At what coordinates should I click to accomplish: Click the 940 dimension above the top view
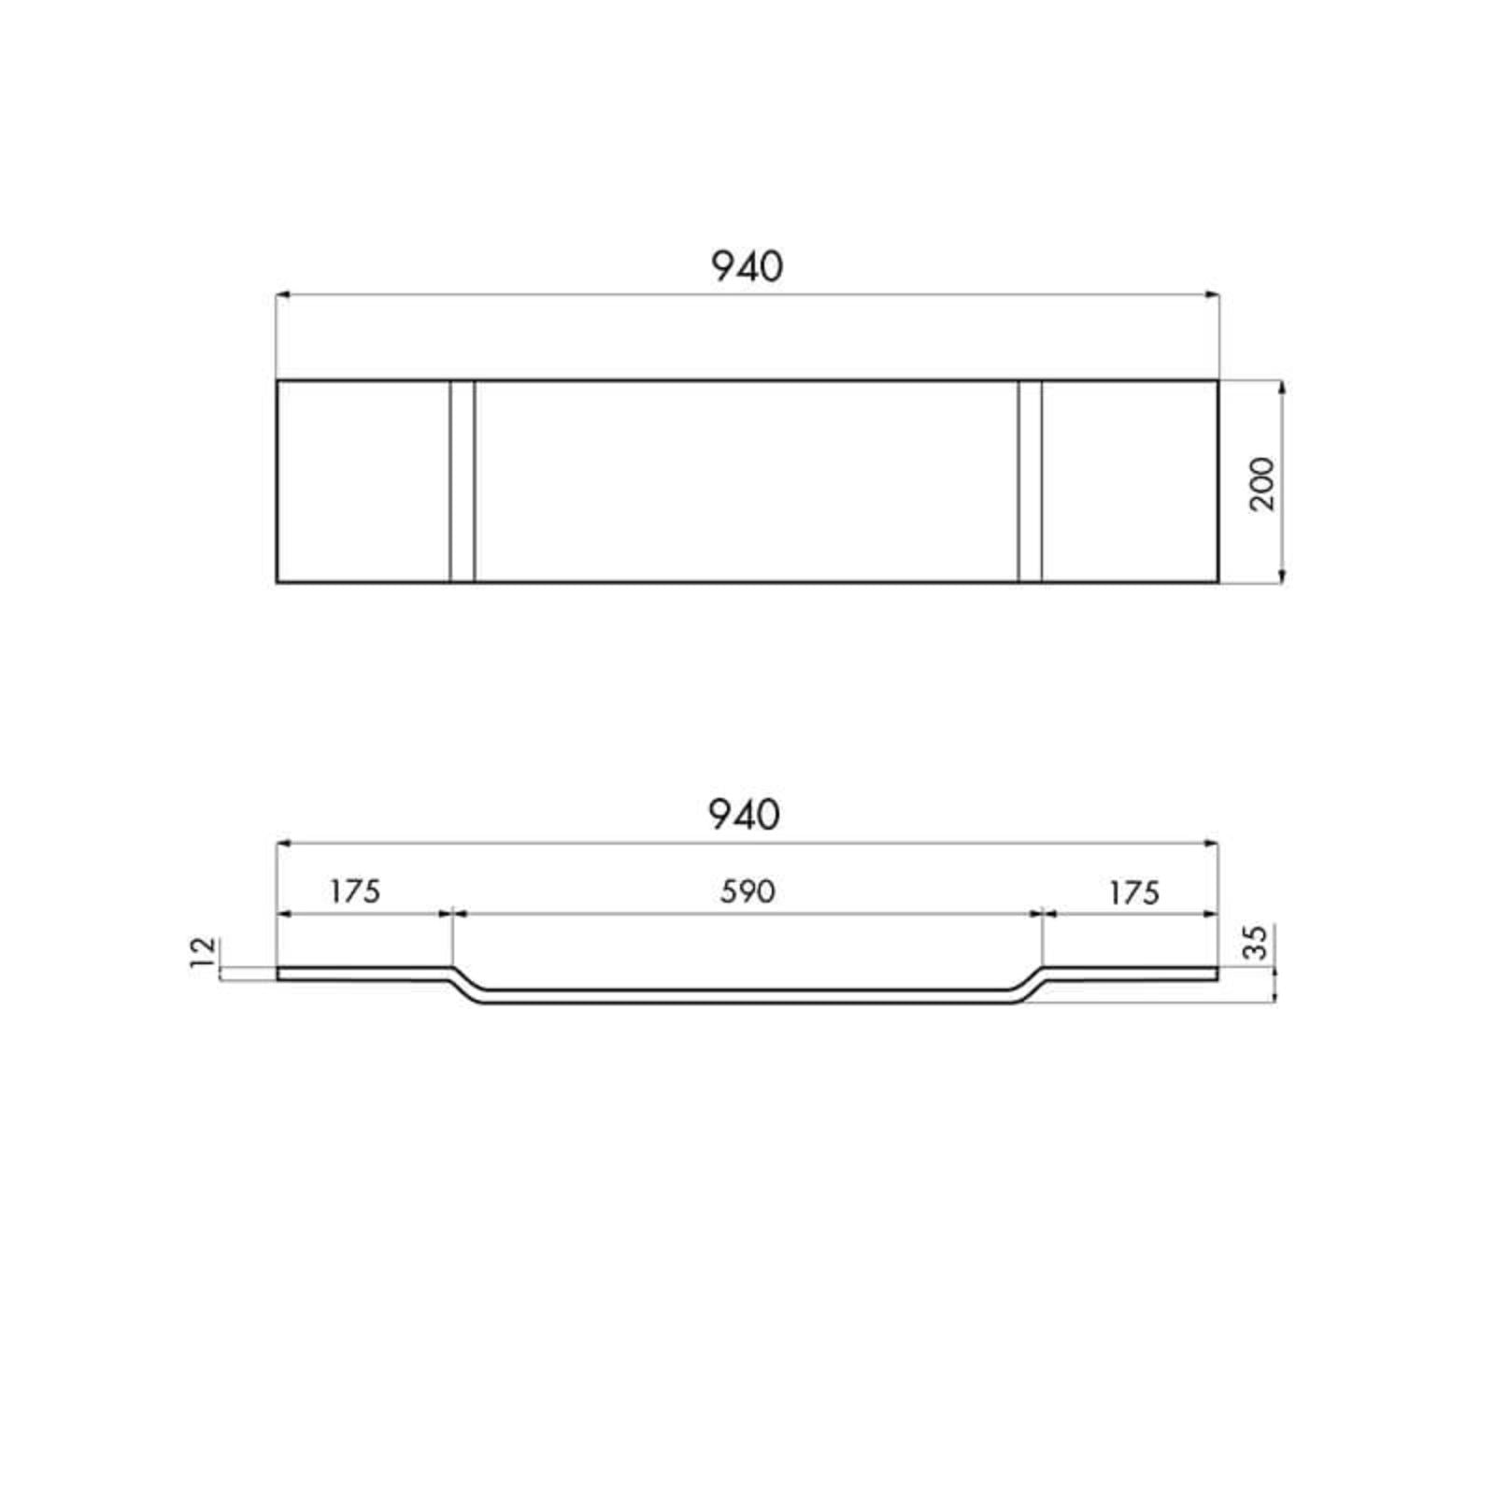(x=747, y=267)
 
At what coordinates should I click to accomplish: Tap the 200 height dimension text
(x=1261, y=483)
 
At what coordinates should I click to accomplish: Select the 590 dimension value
(x=747, y=891)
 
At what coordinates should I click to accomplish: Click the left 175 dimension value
(x=355, y=891)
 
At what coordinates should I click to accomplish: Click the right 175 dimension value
(x=1134, y=893)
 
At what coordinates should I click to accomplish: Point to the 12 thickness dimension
(x=204, y=952)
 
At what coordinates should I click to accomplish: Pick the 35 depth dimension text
(x=1259, y=942)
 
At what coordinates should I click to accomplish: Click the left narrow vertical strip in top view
(x=463, y=481)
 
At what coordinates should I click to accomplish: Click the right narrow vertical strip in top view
(x=1030, y=481)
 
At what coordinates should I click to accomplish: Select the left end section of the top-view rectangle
(x=363, y=481)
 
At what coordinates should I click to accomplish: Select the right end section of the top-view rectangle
(x=1130, y=481)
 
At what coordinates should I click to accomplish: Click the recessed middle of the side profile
(x=747, y=996)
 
